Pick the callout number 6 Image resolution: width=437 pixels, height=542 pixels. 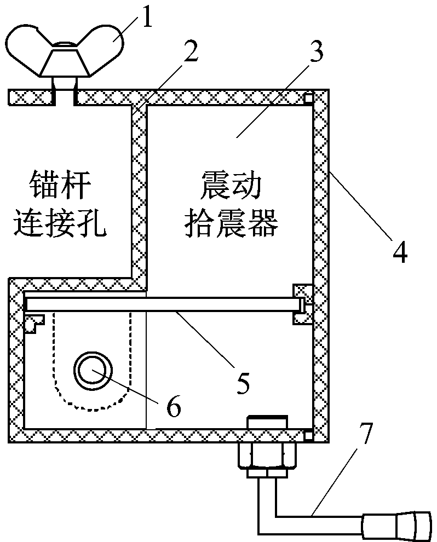pos(173,406)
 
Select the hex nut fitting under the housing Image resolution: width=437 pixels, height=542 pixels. pos(267,453)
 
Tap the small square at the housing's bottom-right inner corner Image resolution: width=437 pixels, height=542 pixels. pos(308,435)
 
